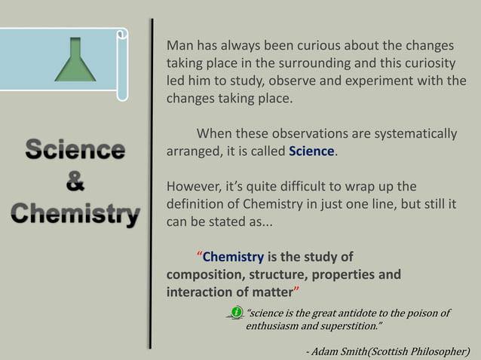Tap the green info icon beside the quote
[236, 312]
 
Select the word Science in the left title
[75, 150]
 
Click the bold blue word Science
[311, 151]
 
